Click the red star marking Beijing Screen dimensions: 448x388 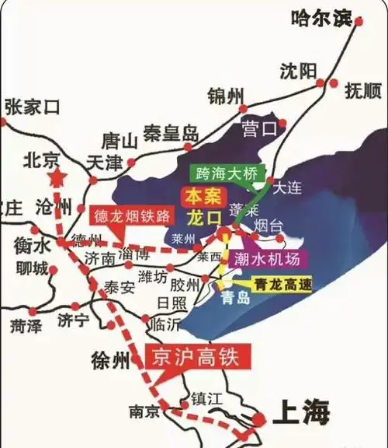(57, 179)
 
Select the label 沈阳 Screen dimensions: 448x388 (298, 71)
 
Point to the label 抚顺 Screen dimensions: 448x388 (362, 90)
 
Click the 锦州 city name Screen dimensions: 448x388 (226, 96)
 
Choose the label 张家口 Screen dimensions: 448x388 (32, 107)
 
